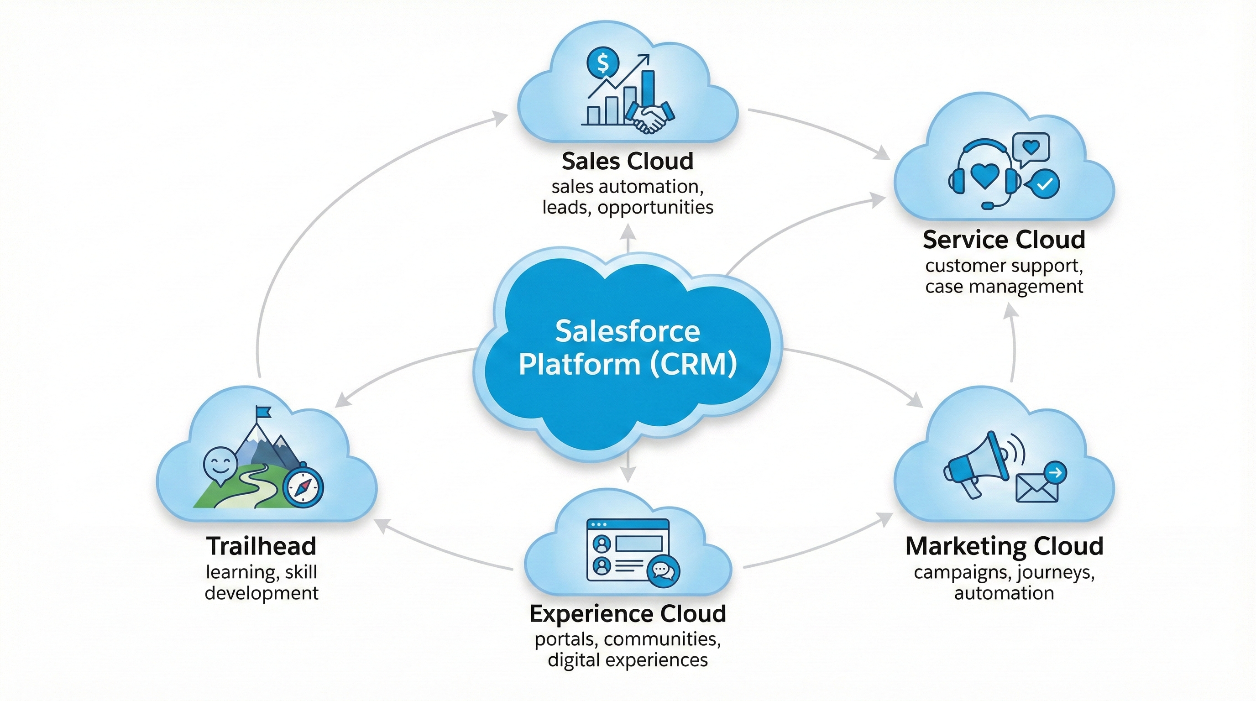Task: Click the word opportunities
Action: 655,207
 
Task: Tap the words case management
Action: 1004,286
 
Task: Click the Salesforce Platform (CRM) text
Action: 628,348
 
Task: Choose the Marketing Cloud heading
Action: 1005,546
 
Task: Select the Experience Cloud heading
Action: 628,613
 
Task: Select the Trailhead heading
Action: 262,546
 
